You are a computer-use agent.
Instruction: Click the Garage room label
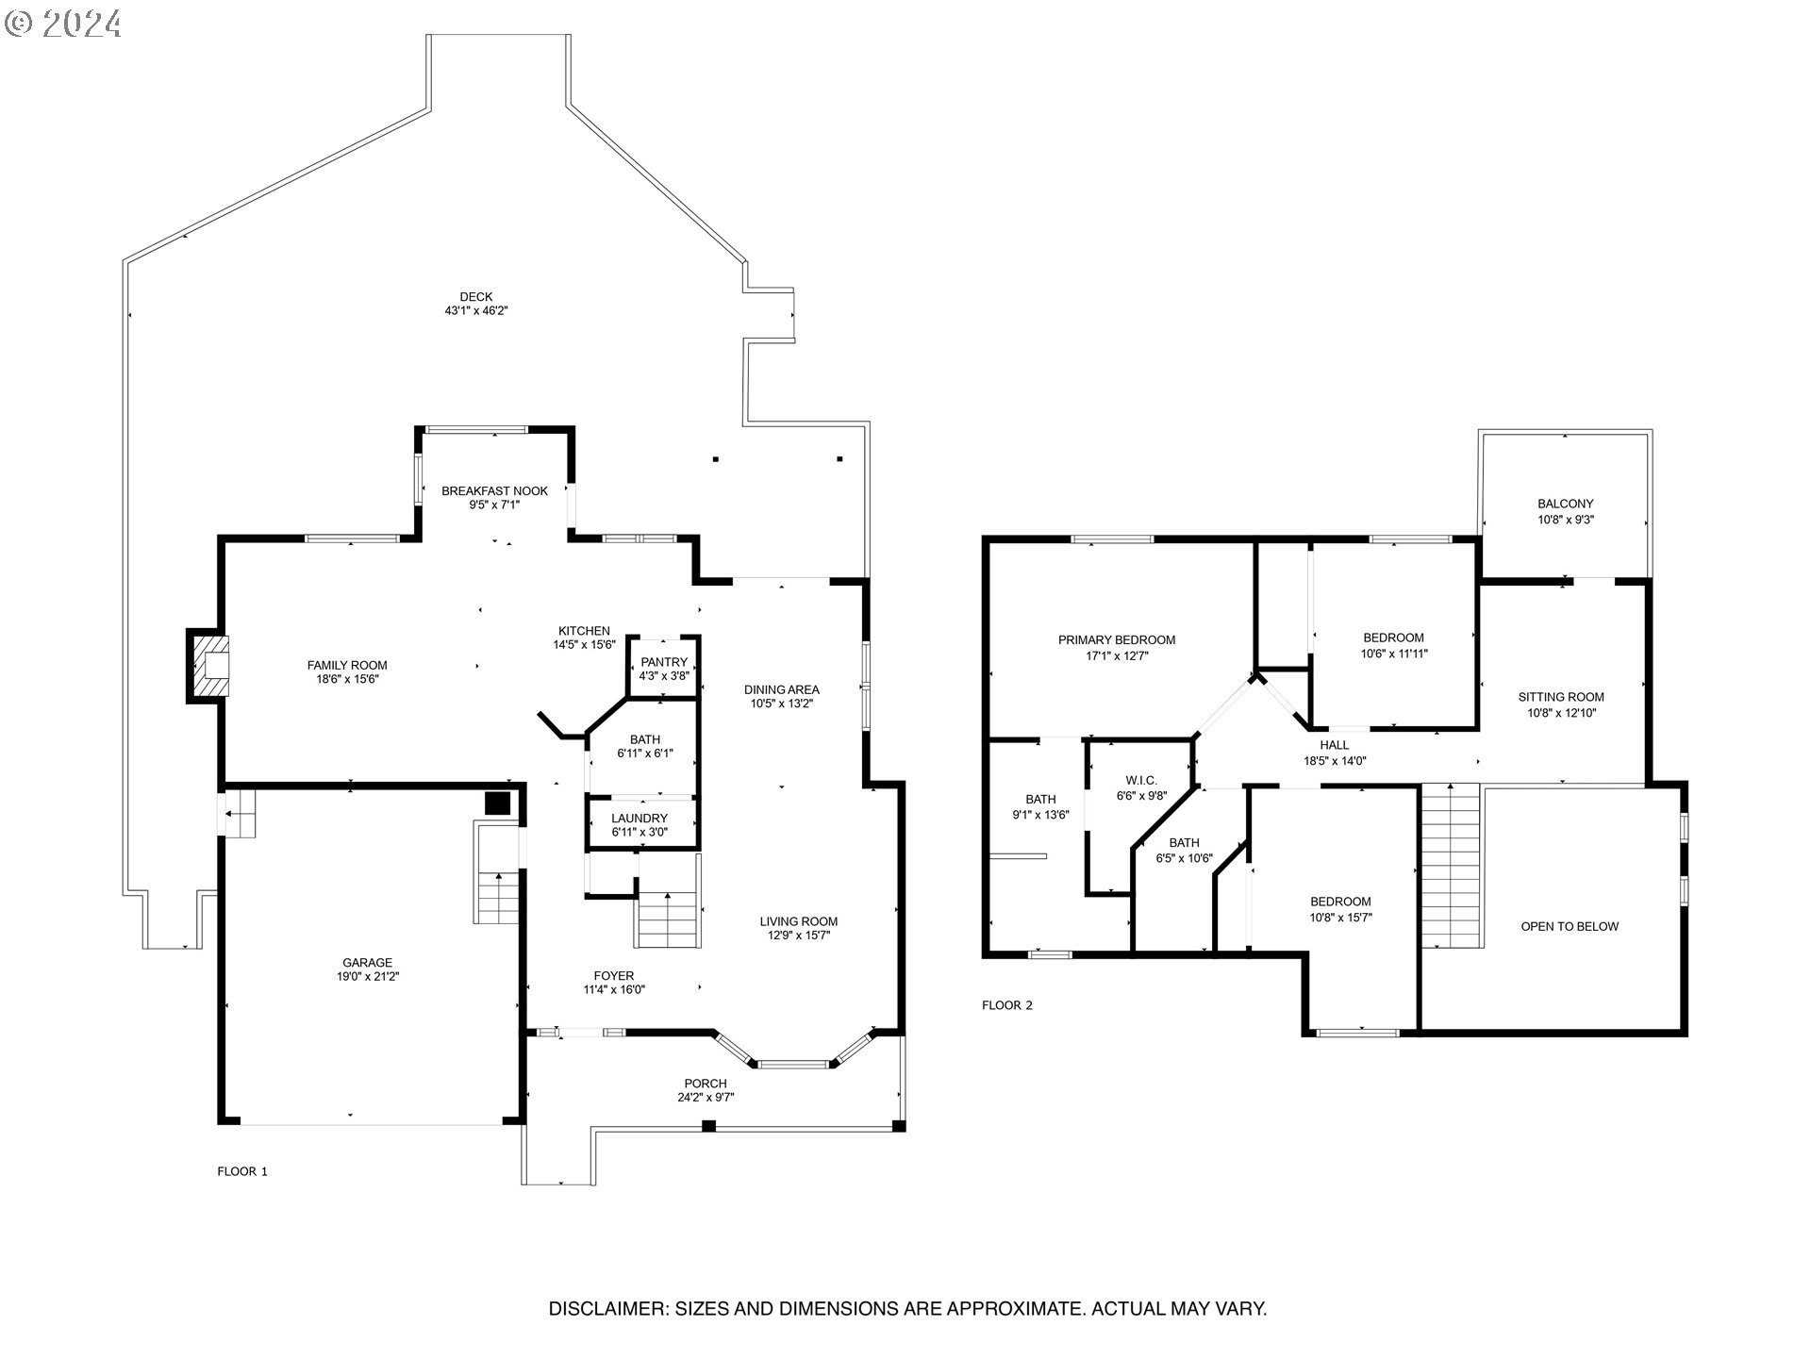(x=367, y=963)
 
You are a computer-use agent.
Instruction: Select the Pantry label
(x=664, y=662)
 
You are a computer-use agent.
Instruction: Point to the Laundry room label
(x=640, y=819)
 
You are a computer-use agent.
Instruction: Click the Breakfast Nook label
(x=494, y=491)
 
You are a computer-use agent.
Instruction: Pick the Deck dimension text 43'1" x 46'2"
(x=476, y=310)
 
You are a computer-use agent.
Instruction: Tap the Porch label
(x=706, y=1084)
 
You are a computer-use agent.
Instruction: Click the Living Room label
(x=799, y=921)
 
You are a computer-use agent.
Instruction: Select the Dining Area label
(x=782, y=689)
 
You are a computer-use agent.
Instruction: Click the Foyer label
(x=614, y=976)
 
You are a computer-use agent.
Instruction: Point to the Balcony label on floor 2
(x=1566, y=505)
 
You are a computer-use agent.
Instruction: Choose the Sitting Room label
(x=1561, y=698)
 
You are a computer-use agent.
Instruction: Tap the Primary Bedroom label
(x=1117, y=640)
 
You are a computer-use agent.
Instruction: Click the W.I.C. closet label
(x=1141, y=781)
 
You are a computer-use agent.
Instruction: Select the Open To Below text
(x=1570, y=927)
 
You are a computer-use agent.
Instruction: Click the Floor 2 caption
(x=1007, y=1005)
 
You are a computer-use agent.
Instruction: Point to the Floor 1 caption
(x=242, y=1171)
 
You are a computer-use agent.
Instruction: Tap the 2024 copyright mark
(x=63, y=24)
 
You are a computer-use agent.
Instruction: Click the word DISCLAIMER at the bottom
(x=608, y=1309)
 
